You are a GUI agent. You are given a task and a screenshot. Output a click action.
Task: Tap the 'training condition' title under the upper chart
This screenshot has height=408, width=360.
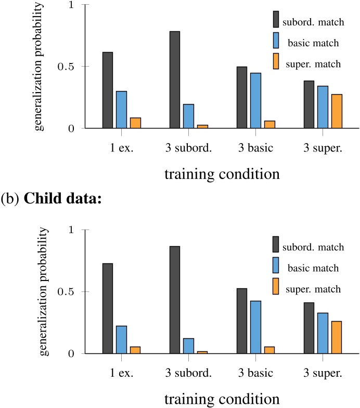pyautogui.click(x=222, y=173)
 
